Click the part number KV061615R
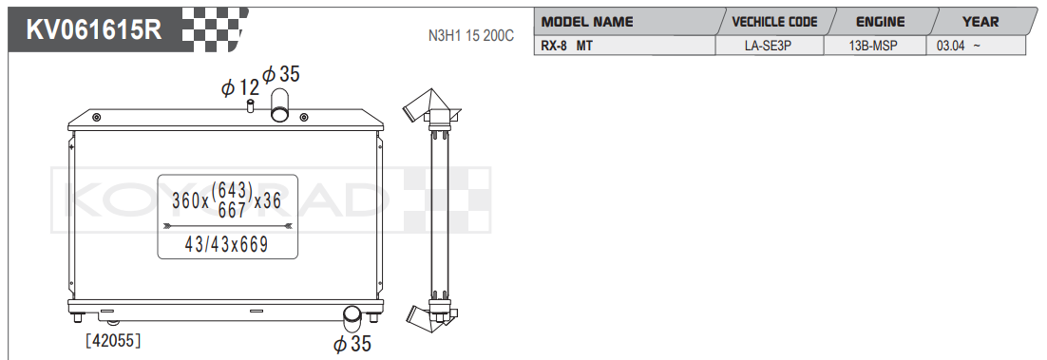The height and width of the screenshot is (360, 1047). (x=93, y=30)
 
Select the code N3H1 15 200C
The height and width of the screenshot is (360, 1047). (x=470, y=36)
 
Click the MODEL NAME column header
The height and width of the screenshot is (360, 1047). (x=587, y=22)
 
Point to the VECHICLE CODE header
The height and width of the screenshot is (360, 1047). (x=774, y=22)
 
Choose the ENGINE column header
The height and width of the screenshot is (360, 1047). (x=880, y=22)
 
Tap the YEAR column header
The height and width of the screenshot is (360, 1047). (x=980, y=22)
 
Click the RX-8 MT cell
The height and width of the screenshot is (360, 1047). (x=566, y=47)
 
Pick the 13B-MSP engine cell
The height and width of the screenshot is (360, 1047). (x=874, y=47)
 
